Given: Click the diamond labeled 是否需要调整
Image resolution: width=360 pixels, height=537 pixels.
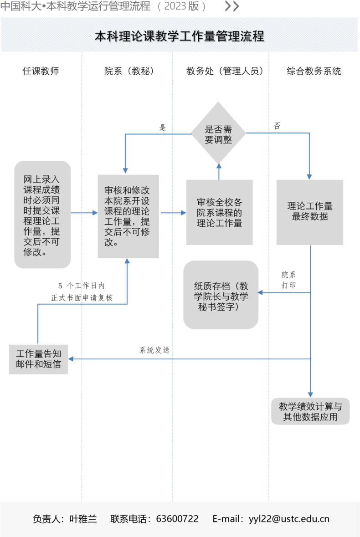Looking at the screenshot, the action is (x=218, y=133).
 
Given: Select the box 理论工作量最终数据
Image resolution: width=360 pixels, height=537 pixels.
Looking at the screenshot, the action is (x=310, y=212).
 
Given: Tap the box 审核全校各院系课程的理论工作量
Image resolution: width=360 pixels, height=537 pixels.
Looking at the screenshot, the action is (x=219, y=212).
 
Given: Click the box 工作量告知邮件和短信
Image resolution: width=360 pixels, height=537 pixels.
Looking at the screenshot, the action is (x=38, y=359).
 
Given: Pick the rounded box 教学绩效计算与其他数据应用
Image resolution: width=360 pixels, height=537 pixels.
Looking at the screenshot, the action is (x=310, y=411).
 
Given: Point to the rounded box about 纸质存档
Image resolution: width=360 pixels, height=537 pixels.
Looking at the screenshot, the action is (x=221, y=295).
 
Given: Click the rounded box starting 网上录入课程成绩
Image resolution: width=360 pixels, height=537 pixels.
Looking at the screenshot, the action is (x=42, y=215).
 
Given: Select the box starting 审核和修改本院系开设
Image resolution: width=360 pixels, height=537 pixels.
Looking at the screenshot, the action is (x=128, y=216).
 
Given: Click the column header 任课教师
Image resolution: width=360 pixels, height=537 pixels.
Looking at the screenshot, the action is (x=41, y=71).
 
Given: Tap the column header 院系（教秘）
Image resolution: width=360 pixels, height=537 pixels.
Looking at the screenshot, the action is (x=129, y=71).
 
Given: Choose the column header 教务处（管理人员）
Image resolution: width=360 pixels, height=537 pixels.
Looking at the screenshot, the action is (x=225, y=71).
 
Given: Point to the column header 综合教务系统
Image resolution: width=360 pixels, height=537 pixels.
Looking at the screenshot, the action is (x=314, y=71).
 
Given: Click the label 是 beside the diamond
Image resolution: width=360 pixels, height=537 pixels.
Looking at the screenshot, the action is (x=162, y=128).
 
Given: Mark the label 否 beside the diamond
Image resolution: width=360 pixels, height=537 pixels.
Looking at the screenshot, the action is (x=277, y=126).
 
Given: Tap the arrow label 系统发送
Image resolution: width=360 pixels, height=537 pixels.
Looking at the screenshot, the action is (x=154, y=350).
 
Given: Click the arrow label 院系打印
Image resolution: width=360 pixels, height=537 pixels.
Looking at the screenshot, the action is (x=289, y=280).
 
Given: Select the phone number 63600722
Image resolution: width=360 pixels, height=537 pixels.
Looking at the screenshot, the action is (x=177, y=519).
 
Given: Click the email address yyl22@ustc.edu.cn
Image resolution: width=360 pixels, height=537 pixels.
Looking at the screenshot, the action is (x=289, y=519).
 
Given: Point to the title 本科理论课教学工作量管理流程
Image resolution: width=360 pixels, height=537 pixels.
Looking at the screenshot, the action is (x=180, y=36).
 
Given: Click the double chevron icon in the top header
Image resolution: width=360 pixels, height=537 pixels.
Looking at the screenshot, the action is (x=232, y=6).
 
